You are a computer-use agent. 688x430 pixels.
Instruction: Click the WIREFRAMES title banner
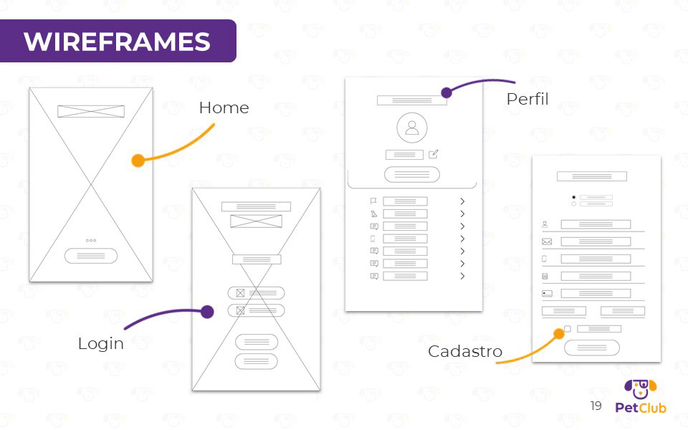tap(117, 41)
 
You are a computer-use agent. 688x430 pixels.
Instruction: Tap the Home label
tap(224, 108)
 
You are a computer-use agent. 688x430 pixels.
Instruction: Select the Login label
tap(100, 344)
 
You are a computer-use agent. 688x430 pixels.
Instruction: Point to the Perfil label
tap(527, 99)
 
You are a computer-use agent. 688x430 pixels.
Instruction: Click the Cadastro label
tap(465, 352)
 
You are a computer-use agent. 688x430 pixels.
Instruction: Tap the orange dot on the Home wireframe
tap(138, 161)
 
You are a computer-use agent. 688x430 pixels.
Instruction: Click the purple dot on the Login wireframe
tap(207, 312)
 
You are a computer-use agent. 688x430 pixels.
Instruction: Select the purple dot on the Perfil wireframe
tap(446, 92)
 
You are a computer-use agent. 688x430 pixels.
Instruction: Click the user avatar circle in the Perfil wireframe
tap(412, 128)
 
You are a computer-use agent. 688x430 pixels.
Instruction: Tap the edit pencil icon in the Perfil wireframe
tap(434, 154)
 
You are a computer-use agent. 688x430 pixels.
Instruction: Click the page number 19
tap(596, 406)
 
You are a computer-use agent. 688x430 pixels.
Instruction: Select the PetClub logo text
tap(641, 408)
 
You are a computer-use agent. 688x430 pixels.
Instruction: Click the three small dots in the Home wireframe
tap(91, 241)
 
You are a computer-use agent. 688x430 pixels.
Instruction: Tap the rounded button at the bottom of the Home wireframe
tap(91, 256)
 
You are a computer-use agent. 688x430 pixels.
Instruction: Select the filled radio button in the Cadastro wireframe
tap(574, 197)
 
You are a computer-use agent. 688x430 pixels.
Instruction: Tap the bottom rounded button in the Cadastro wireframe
tap(591, 348)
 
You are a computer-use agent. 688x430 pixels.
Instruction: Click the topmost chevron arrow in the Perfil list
tap(463, 201)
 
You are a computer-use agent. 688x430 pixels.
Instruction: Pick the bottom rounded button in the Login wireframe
tap(256, 361)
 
